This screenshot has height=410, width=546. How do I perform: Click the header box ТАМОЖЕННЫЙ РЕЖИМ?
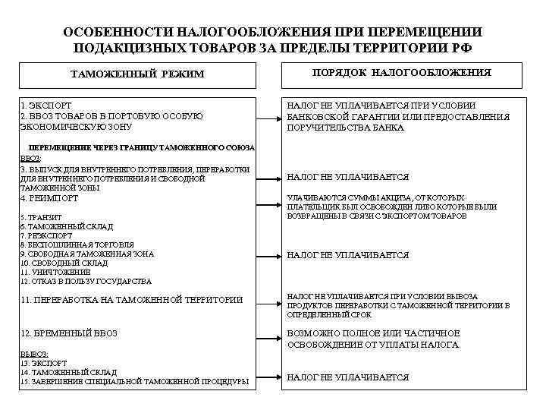point(137,74)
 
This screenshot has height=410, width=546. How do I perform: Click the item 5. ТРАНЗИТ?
point(41,217)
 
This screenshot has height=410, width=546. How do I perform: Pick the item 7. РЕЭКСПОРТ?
point(46,235)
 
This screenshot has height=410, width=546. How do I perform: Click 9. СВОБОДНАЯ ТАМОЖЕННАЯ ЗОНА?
point(87,254)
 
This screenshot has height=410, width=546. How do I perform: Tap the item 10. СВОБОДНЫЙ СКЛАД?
point(64,263)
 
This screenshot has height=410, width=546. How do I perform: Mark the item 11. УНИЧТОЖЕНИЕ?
point(55,272)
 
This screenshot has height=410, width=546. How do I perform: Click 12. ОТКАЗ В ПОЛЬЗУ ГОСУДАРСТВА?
point(86,281)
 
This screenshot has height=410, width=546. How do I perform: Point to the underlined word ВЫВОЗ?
point(34,354)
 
